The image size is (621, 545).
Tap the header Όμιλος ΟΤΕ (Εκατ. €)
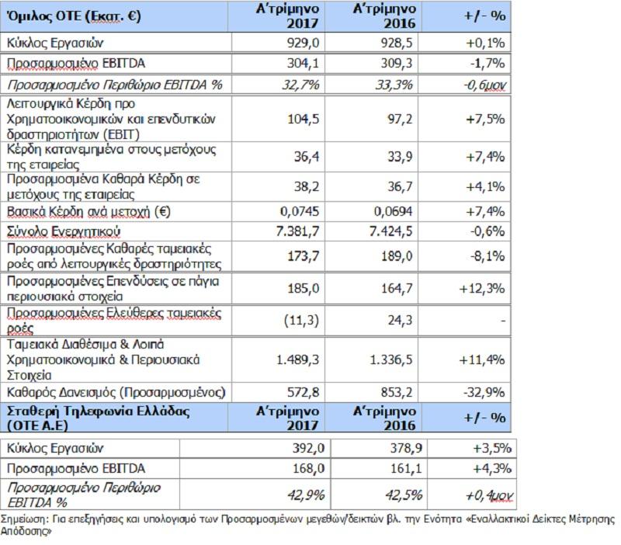[x=74, y=16]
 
